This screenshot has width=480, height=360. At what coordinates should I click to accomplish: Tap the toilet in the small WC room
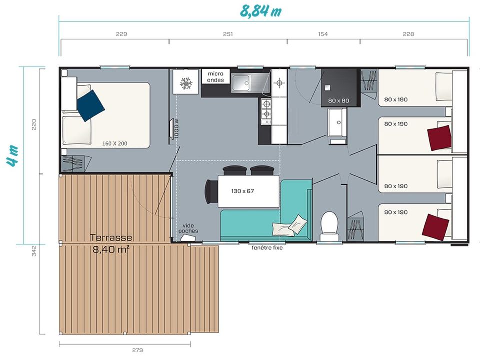(x=329, y=226)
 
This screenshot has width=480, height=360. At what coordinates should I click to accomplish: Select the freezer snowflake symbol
(x=186, y=83)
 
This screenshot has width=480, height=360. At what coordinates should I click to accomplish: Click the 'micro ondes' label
(x=216, y=77)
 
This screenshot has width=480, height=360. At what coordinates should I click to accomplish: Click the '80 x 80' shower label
(x=339, y=100)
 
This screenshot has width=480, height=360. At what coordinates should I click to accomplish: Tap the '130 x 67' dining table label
(x=243, y=191)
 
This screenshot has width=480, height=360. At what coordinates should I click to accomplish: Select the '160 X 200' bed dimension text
(x=115, y=143)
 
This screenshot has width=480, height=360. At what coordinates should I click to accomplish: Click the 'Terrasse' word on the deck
(x=111, y=238)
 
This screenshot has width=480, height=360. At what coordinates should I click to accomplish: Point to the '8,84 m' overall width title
(x=261, y=11)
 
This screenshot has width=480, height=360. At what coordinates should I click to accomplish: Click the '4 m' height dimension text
(x=13, y=156)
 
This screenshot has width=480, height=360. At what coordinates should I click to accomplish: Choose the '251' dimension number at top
(x=228, y=34)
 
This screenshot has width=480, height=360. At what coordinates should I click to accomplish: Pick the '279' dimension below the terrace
(x=138, y=350)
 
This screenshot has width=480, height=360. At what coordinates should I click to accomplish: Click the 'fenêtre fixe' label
(x=267, y=248)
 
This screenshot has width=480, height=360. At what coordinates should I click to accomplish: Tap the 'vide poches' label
(x=188, y=228)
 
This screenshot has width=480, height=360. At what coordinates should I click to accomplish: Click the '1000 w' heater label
(x=176, y=128)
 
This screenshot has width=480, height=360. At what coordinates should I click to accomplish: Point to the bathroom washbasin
(x=337, y=122)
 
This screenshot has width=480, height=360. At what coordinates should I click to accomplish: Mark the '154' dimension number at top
(x=323, y=34)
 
